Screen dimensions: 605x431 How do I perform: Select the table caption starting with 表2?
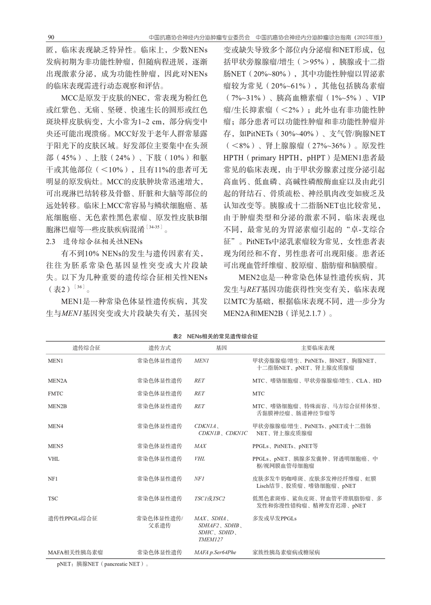pyautogui.click(x=215, y=336)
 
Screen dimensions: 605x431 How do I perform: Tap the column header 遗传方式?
pyautogui.click(x=159, y=348)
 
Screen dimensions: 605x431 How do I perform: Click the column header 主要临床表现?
pyautogui.click(x=317, y=348)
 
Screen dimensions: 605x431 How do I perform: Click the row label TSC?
pyautogui.click(x=53, y=499)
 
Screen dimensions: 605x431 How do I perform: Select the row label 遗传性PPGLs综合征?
pyautogui.click(x=73, y=518)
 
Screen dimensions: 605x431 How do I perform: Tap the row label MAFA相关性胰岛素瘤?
pyautogui.click(x=75, y=552)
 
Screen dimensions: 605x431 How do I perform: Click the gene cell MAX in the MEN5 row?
pyautogui.click(x=200, y=446)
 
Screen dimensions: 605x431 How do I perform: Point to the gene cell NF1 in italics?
pyautogui.click(x=199, y=478)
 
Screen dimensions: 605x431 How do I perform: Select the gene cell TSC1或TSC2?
pyautogui.click(x=209, y=499)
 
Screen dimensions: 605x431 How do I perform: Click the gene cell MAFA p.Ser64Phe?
pyautogui.click(x=215, y=552)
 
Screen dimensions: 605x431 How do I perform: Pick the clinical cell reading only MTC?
pyautogui.click(x=259, y=393)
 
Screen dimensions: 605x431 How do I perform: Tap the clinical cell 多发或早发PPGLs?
pyautogui.click(x=274, y=518)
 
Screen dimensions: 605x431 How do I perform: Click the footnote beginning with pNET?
pyautogui.click(x=103, y=564)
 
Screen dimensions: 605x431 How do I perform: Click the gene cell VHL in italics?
pyautogui.click(x=199, y=459)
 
